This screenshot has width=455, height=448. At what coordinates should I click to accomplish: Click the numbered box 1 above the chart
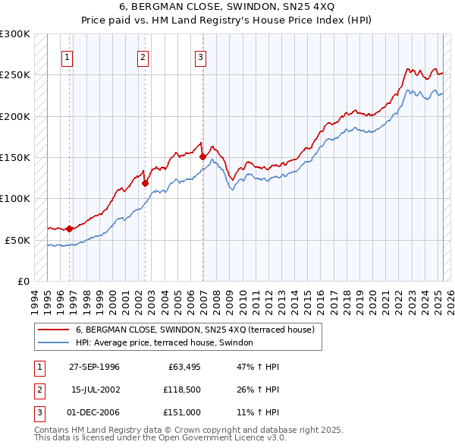67,56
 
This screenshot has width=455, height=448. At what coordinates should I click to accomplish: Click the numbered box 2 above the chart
143,56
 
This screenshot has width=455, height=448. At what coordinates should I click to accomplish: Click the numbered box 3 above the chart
201,56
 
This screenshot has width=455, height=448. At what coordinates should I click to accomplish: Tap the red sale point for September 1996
69,229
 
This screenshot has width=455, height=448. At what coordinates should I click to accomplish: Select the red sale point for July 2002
145,183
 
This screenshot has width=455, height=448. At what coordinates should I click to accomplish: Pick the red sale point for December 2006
202,157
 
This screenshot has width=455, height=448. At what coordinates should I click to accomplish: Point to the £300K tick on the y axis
15,34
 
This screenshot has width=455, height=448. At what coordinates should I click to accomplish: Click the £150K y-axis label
15,157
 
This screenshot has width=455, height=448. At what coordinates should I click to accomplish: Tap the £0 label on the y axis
23,281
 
